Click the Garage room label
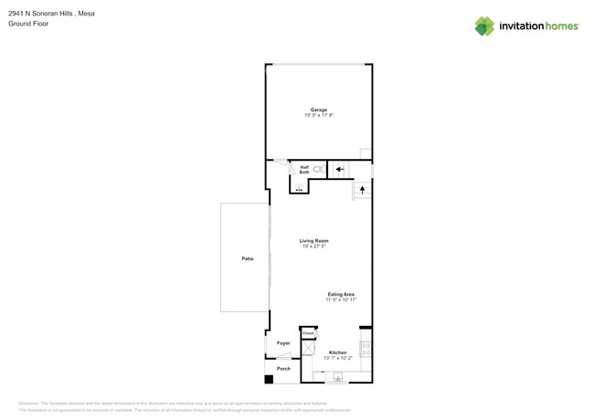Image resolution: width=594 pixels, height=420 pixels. [318, 110]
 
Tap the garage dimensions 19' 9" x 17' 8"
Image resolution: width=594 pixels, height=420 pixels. [319, 115]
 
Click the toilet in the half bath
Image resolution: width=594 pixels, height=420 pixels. [318, 169]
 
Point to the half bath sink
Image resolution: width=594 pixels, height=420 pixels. [299, 188]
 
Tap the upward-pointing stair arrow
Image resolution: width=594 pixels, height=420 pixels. [362, 190]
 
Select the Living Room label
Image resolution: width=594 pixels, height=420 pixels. [313, 241]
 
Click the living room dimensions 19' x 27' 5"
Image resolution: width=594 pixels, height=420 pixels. [313, 247]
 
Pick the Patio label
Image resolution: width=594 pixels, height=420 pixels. [247, 258]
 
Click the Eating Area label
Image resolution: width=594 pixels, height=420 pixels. [341, 294]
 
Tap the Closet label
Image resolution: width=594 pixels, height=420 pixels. [308, 333]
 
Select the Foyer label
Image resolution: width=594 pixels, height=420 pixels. [283, 343]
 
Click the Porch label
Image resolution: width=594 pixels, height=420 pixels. [283, 368]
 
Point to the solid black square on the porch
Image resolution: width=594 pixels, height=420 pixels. [269, 379]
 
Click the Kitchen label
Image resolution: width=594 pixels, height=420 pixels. [337, 352]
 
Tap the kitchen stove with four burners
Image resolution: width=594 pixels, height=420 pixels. [366, 348]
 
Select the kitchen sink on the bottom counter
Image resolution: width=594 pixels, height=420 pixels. [338, 376]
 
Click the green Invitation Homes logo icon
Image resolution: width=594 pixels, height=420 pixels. [484, 26]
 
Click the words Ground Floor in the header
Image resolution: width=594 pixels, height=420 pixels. [28, 24]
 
